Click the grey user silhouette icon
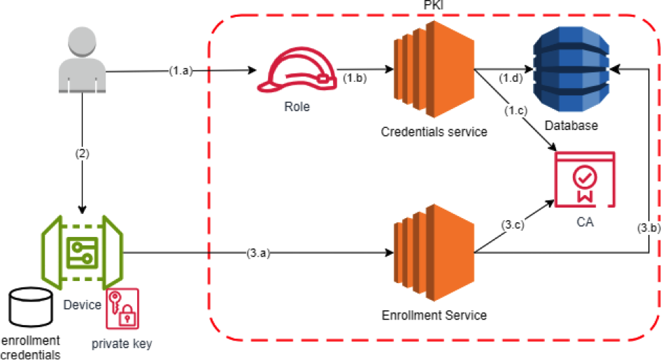[x=83, y=59]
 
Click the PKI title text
[x=434, y=6]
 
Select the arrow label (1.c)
[x=516, y=110]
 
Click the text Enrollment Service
[x=434, y=315]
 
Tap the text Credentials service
[x=434, y=131]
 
